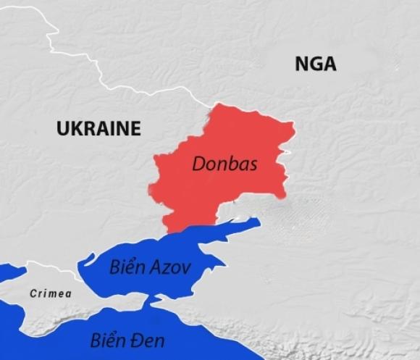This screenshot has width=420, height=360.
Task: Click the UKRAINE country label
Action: click(98, 129)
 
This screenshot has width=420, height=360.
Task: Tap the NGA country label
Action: click(315, 64)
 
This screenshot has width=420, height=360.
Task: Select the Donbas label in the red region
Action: click(224, 164)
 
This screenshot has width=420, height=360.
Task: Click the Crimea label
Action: click(51, 293)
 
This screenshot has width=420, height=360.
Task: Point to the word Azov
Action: click(171, 268)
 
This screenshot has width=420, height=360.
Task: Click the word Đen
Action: click(148, 340)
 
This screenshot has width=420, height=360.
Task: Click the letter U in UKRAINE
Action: click(63, 129)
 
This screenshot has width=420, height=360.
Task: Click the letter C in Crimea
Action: click(33, 293)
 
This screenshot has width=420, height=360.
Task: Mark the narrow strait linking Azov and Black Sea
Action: click(152, 300)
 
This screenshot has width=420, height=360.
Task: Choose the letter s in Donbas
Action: click(253, 164)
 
